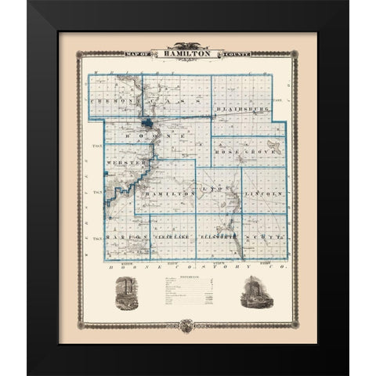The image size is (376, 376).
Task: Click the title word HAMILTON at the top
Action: pyautogui.click(x=187, y=54)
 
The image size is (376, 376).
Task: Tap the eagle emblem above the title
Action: pyautogui.click(x=188, y=45)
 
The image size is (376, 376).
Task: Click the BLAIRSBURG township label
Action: pyautogui.click(x=248, y=102)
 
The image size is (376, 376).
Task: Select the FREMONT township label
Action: pyautogui.click(x=111, y=103)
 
